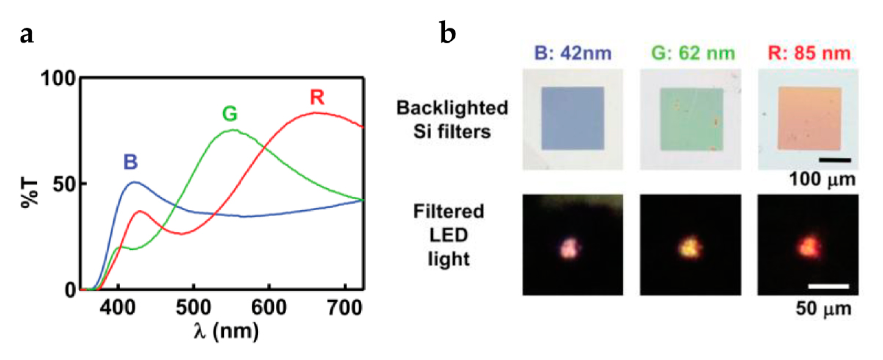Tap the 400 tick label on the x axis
click(x=118, y=307)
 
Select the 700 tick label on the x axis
click(x=345, y=307)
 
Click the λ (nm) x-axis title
click(x=226, y=331)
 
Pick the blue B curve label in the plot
click(x=131, y=162)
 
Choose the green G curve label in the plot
click(x=230, y=114)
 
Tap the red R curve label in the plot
click(x=317, y=97)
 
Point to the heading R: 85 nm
click(x=809, y=53)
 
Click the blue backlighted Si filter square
click(x=572, y=118)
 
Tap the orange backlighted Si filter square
click(x=809, y=119)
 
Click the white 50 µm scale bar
click(x=829, y=286)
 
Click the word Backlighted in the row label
click(x=452, y=108)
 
